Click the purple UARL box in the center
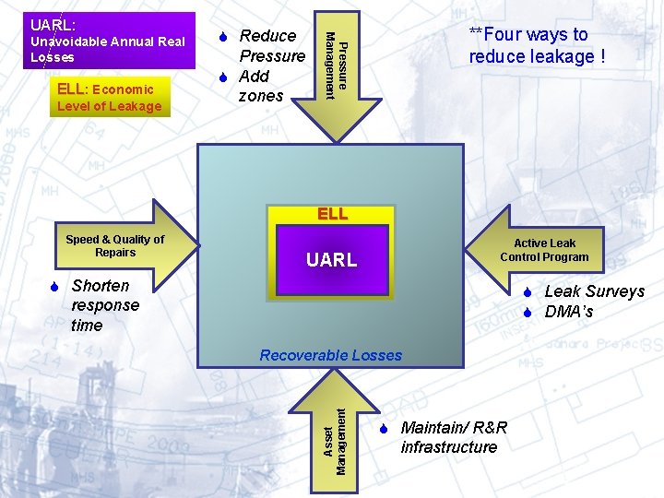click(331, 260)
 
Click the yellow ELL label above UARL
click(332, 214)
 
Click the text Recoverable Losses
click(331, 355)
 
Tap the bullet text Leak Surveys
click(594, 291)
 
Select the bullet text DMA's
click(569, 312)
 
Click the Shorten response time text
click(104, 305)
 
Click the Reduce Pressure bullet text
click(271, 46)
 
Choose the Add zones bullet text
click(260, 86)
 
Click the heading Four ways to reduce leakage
click(537, 45)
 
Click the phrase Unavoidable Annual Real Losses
click(106, 49)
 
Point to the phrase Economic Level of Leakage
click(109, 98)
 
